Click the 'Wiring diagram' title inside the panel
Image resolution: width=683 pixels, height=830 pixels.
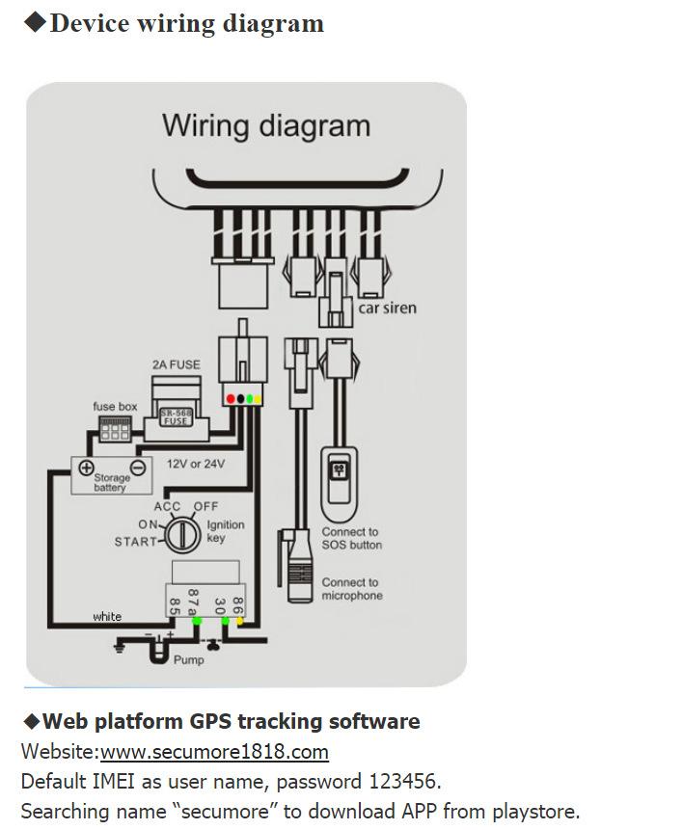pyautogui.click(x=265, y=125)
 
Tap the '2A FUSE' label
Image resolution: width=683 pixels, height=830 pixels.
pyautogui.click(x=177, y=364)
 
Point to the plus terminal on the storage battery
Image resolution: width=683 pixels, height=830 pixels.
pyautogui.click(x=86, y=469)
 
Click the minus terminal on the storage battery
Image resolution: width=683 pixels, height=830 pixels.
pyautogui.click(x=137, y=469)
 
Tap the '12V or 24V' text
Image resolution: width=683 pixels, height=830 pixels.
pyautogui.click(x=196, y=464)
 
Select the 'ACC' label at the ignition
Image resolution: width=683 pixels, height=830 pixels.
pyautogui.click(x=168, y=507)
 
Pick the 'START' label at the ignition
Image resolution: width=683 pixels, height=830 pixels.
pyautogui.click(x=135, y=542)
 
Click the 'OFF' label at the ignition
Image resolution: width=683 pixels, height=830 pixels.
pyautogui.click(x=205, y=507)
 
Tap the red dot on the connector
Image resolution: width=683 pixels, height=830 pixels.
pyautogui.click(x=230, y=398)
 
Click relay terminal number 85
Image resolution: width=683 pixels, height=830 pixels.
pyautogui.click(x=176, y=605)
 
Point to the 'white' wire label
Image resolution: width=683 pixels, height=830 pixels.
pyautogui.click(x=107, y=616)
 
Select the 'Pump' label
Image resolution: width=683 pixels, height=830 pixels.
pyautogui.click(x=188, y=660)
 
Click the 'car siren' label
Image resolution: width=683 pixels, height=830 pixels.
pyautogui.click(x=388, y=308)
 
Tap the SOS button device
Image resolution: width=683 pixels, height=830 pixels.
pyautogui.click(x=339, y=477)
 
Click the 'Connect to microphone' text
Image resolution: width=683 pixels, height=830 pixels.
pyautogui.click(x=352, y=589)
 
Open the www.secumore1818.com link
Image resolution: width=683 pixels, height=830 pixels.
pyautogui.click(x=214, y=752)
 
